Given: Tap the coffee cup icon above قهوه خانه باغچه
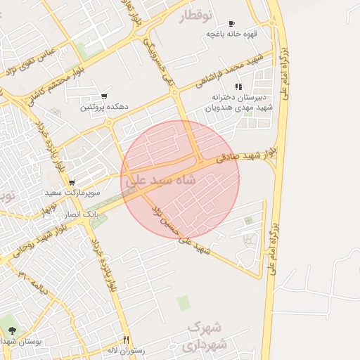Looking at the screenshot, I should pyautogui.click(x=231, y=24).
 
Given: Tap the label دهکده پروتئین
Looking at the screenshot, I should pyautogui.click(x=103, y=107).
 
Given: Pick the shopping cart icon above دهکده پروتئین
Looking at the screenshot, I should pyautogui.click(x=104, y=96).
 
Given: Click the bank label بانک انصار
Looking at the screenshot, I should pyautogui.click(x=83, y=212).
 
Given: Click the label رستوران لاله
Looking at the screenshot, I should pyautogui.click(x=126, y=349).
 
